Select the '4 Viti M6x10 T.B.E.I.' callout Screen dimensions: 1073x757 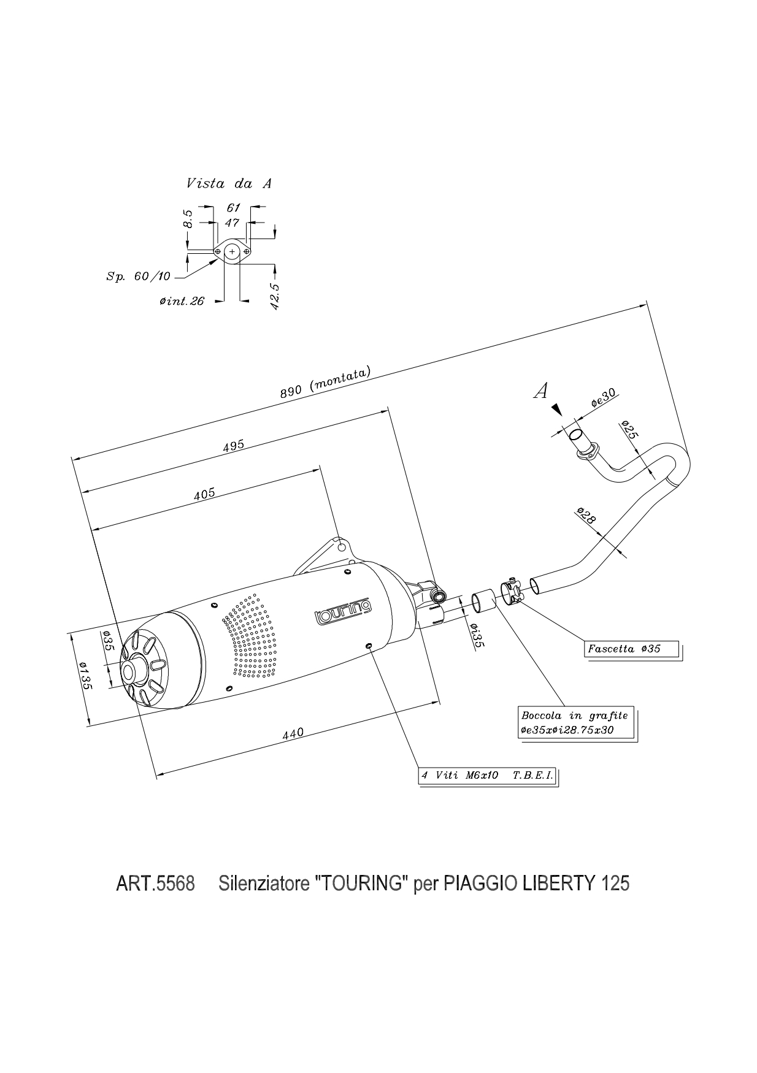click(487, 776)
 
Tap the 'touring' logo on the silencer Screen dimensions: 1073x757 click(342, 609)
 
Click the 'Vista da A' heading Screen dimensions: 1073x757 click(228, 183)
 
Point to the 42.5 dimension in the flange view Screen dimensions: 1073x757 click(275, 296)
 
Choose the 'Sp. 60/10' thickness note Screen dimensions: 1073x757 click(138, 277)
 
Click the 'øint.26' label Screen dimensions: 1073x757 click(182, 301)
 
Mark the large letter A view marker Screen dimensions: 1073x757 click(540, 391)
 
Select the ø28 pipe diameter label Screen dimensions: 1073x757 click(585, 516)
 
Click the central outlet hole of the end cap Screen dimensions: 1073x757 click(131, 673)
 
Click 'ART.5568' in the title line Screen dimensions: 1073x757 click(155, 884)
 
